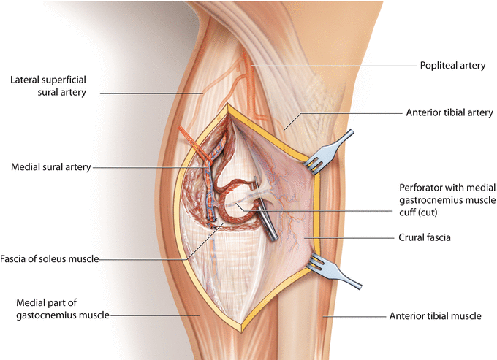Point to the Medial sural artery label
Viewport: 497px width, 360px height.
coord(51,166)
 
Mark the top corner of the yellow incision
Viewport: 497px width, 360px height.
coord(229,107)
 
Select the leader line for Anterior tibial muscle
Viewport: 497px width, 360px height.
coord(358,317)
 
